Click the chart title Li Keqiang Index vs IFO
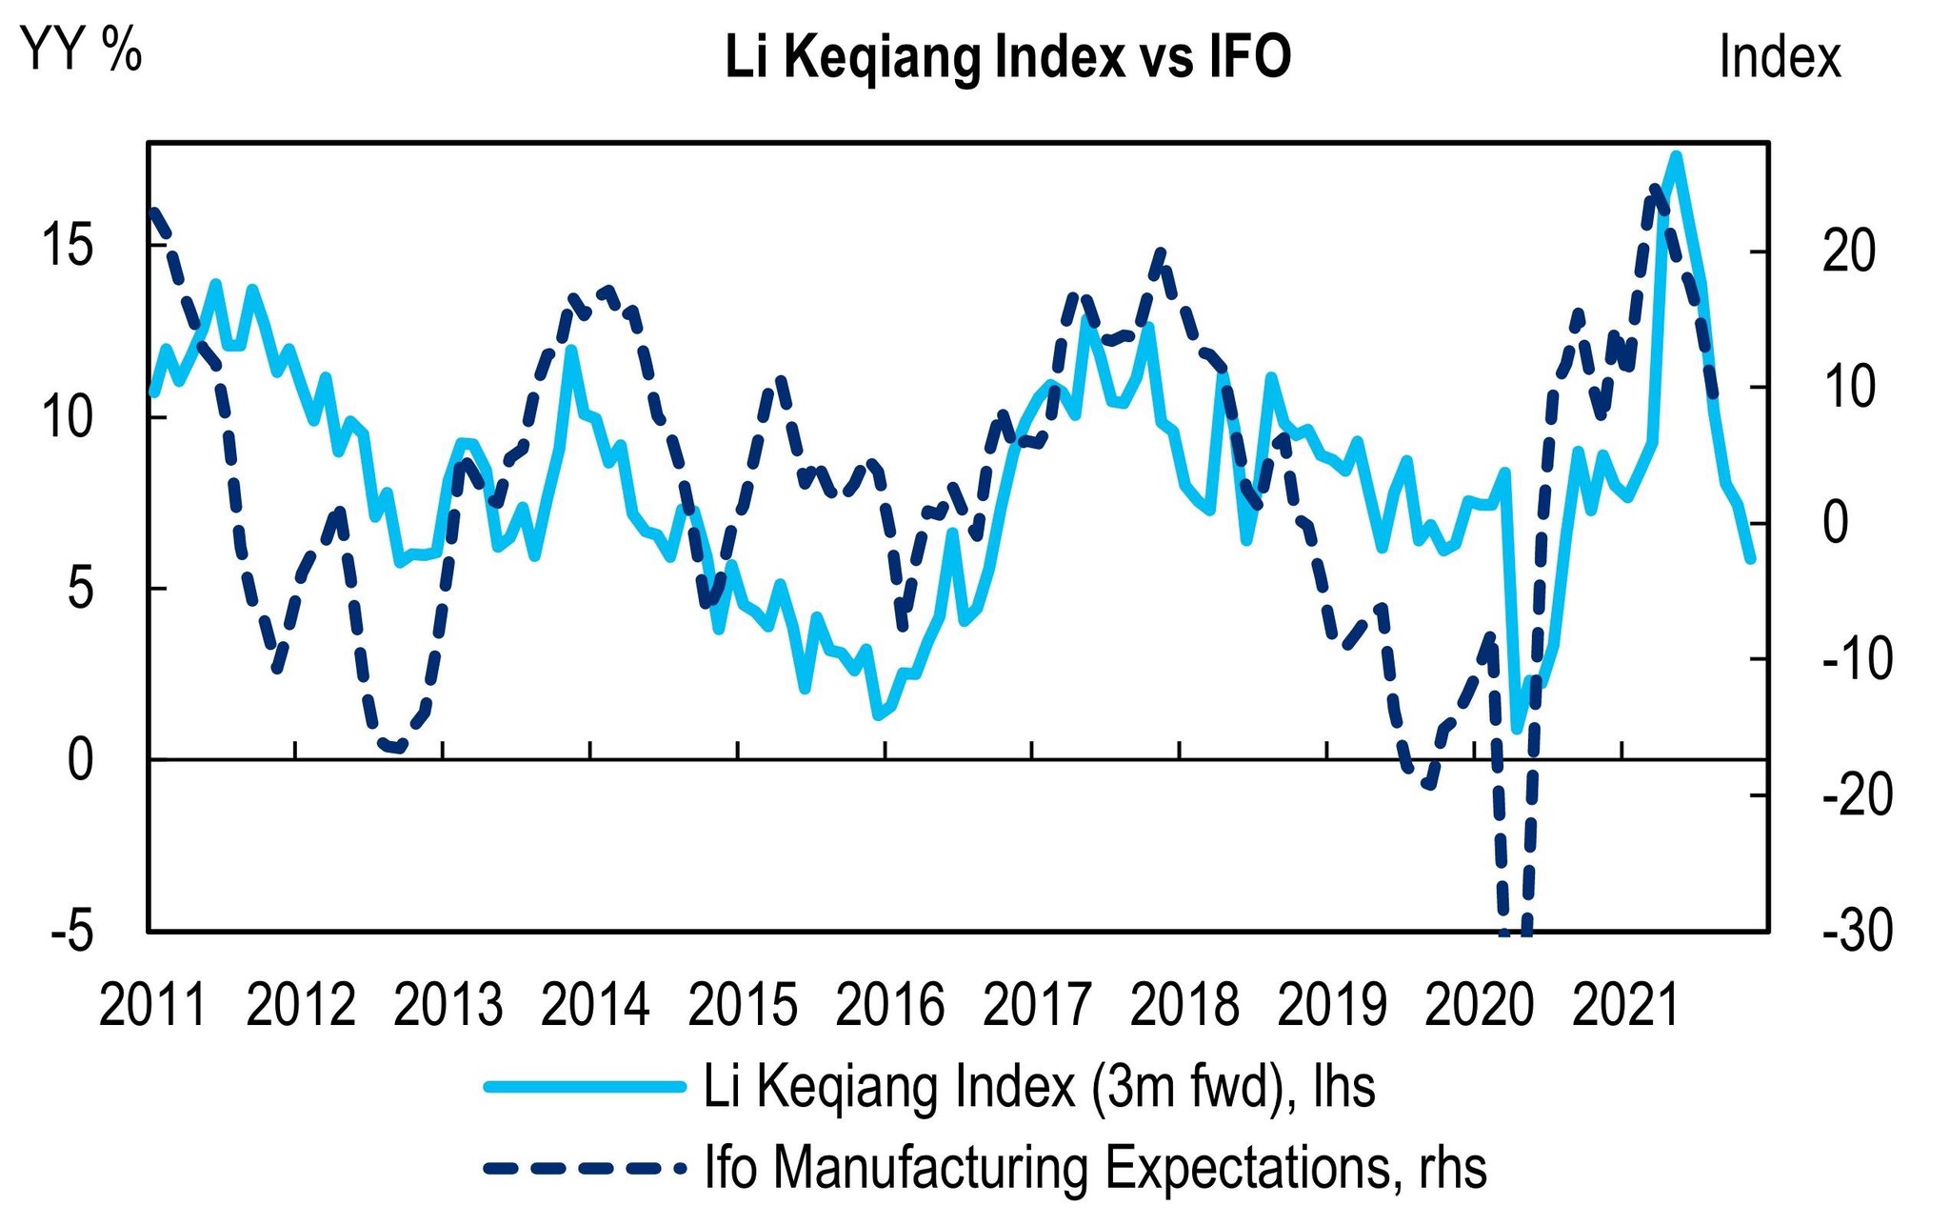[x=1007, y=57]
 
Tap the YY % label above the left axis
[x=82, y=50]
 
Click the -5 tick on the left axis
[x=72, y=931]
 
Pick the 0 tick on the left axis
[x=81, y=760]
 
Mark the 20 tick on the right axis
[x=1848, y=251]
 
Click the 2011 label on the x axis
[x=152, y=1005]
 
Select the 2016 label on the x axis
[x=889, y=1005]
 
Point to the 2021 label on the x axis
[x=1626, y=1005]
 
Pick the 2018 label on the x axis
[x=1184, y=1005]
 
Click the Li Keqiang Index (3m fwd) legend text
[x=1039, y=1087]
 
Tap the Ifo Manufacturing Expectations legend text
[x=1095, y=1167]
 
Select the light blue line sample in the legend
[x=585, y=1087]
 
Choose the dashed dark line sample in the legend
[x=585, y=1167]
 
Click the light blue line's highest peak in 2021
[x=1676, y=155]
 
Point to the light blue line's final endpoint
[x=1750, y=560]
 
